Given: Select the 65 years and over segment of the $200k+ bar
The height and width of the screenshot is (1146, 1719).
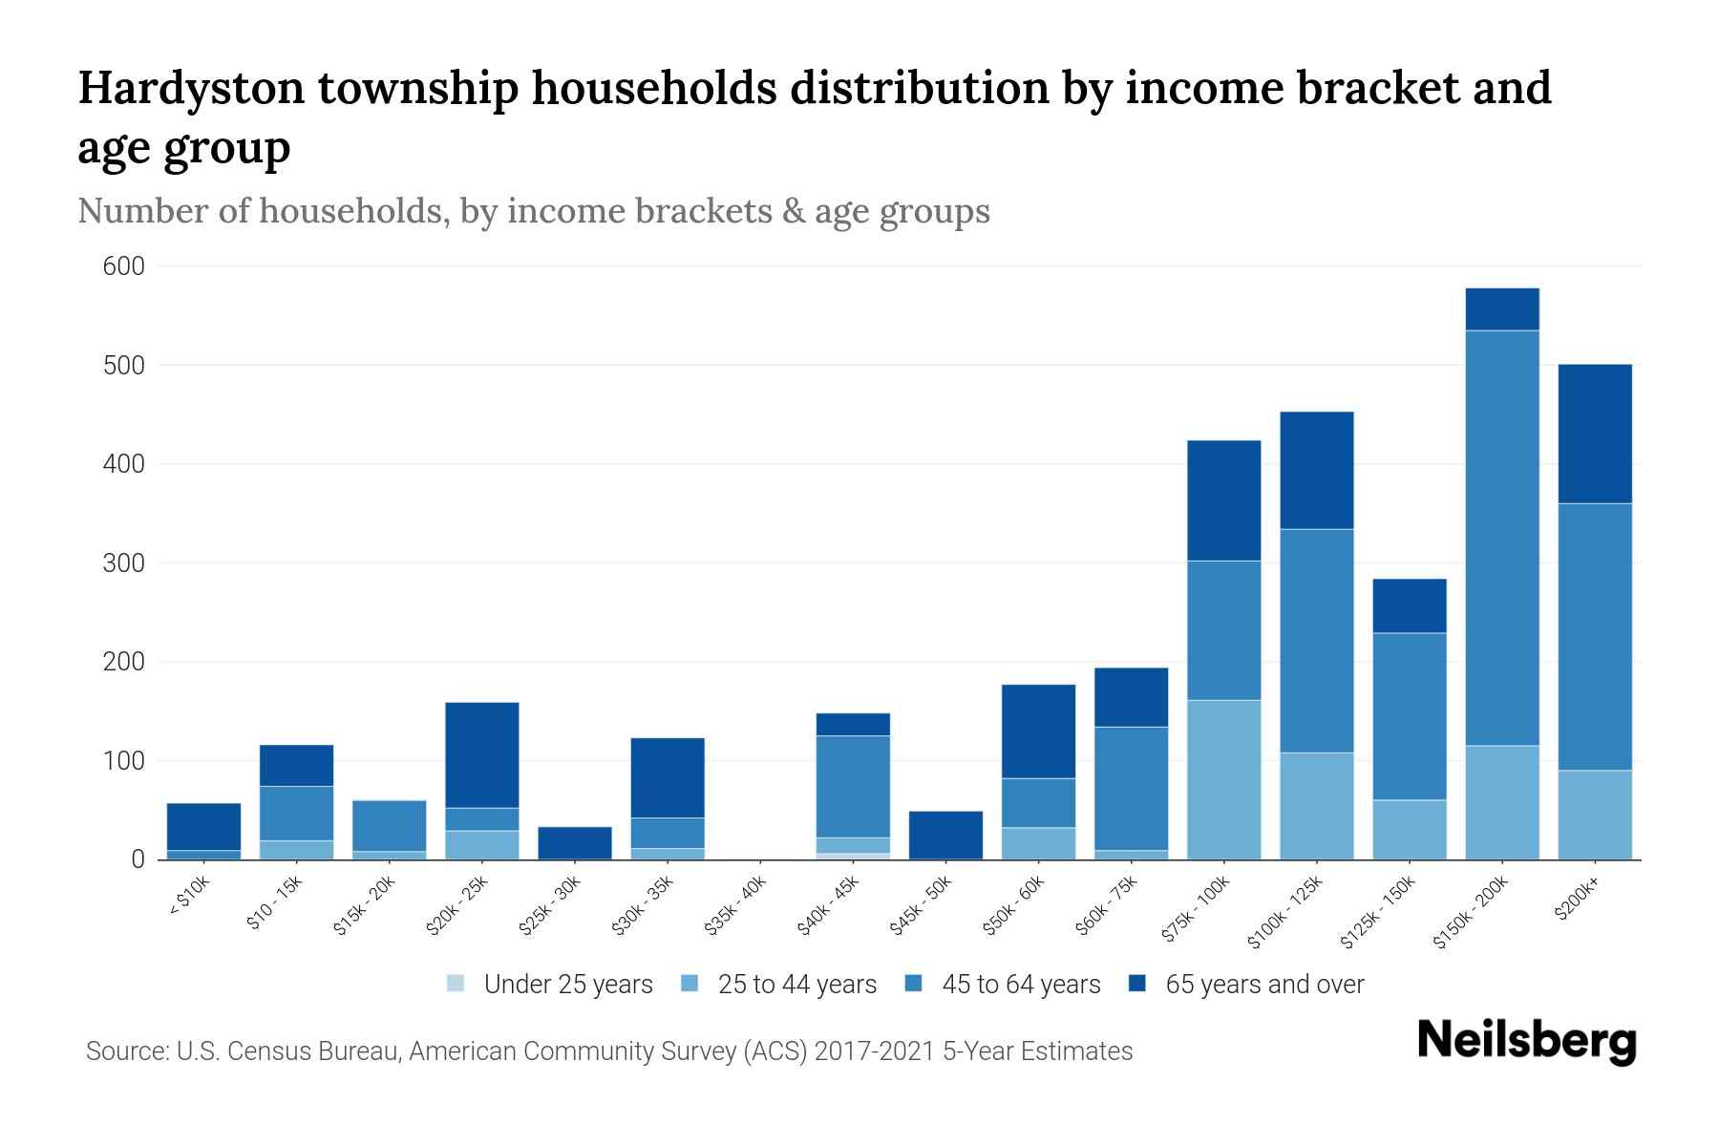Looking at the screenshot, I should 1595,434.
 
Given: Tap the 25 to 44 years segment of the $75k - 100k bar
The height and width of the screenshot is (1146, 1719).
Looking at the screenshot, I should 1223,779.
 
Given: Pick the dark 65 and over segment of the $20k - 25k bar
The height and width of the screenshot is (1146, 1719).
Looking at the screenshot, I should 482,754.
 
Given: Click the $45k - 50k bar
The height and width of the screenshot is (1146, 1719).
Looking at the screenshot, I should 945,835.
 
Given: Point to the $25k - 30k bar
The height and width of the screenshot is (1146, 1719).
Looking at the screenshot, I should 575,842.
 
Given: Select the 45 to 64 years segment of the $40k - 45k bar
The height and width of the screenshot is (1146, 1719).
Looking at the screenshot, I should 853,786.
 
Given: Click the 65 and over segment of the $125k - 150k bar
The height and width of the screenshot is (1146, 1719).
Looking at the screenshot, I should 1410,605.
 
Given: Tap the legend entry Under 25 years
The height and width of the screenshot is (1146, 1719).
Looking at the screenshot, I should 568,985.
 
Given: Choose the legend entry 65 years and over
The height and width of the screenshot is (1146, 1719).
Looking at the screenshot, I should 1264,985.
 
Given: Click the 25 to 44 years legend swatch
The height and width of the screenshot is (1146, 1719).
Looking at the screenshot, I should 690,984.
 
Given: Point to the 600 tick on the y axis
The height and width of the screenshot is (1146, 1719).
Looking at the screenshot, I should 123,266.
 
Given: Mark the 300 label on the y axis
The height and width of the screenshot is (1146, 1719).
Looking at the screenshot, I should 123,563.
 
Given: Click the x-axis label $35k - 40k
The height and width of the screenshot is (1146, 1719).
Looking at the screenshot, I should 736,908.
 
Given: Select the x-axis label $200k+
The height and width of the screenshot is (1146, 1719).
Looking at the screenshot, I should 1578,901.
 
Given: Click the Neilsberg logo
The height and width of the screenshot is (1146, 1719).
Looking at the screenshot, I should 1526,1042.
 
